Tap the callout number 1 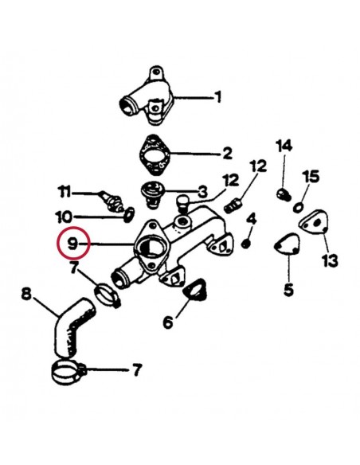coord(217,99)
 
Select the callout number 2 coord(226,152)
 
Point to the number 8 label coord(25,295)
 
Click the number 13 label coord(329,261)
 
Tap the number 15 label coord(311,176)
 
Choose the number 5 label coord(288,290)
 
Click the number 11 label coord(65,191)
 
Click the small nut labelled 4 coord(247,243)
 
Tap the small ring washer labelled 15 coord(297,207)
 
